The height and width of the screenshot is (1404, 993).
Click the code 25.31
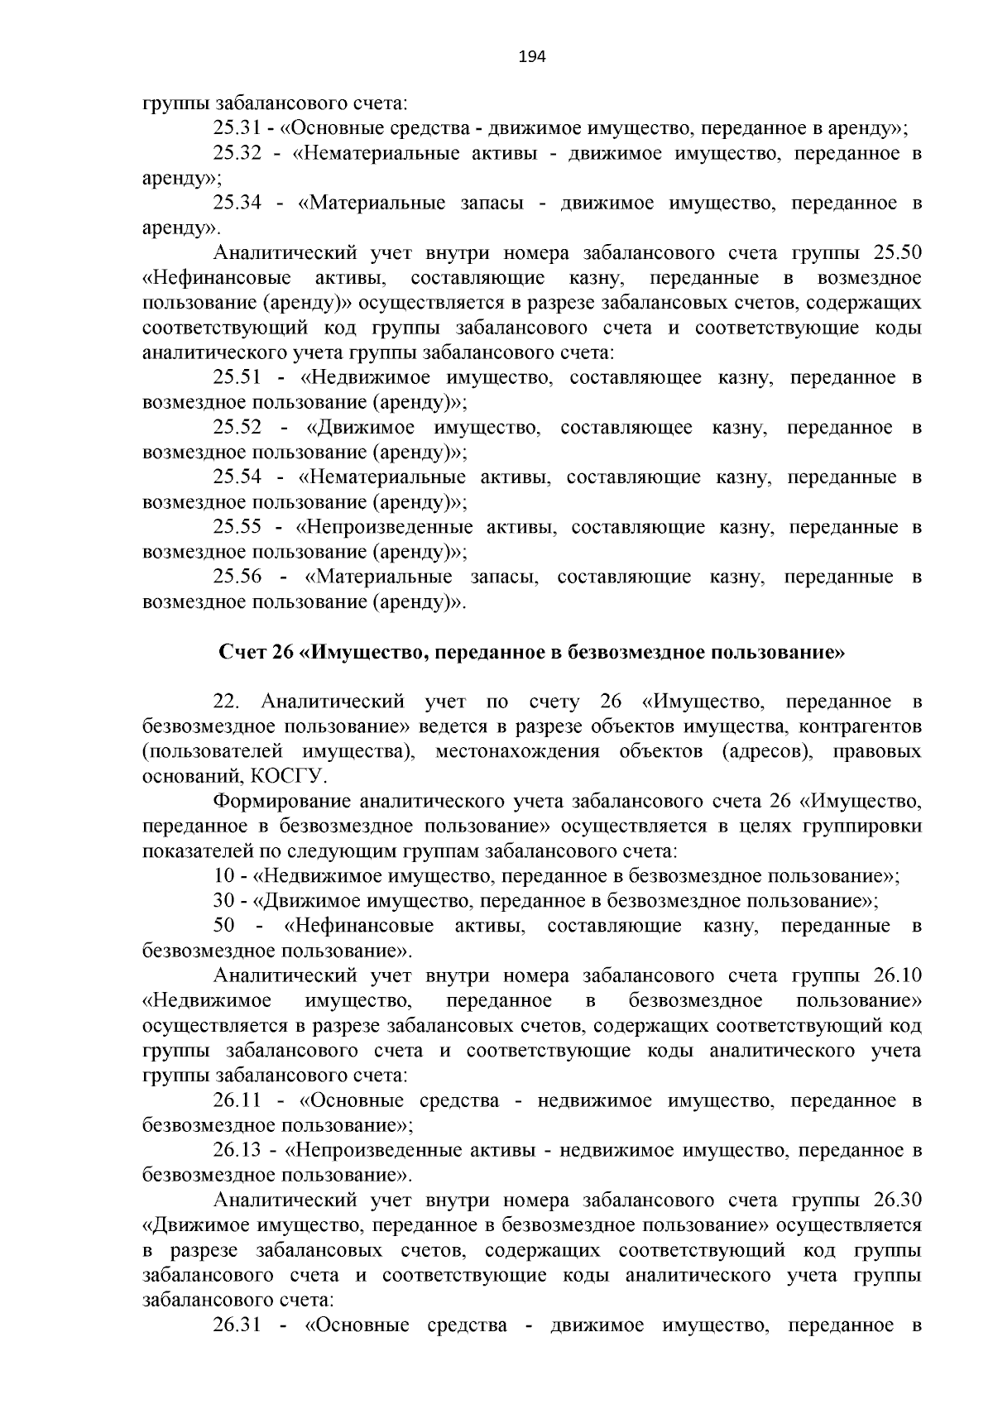[x=237, y=129]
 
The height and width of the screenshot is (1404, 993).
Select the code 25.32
[x=237, y=154]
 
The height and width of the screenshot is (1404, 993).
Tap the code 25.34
[x=237, y=204]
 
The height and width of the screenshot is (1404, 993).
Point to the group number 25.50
[x=897, y=253]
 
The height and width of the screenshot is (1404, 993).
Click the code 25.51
[x=237, y=378]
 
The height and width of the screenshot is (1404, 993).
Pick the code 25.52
[x=237, y=428]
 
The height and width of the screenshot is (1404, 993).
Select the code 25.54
[x=237, y=477]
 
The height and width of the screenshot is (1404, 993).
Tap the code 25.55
[x=237, y=527]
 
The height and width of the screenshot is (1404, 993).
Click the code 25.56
[x=237, y=577]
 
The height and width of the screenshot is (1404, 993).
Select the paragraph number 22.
[x=226, y=702]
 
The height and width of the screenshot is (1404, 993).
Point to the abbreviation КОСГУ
[x=296, y=777]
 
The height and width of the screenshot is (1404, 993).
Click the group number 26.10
[x=897, y=976]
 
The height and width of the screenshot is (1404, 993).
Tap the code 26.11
[x=237, y=1100]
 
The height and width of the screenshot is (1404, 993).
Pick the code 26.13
[x=237, y=1150]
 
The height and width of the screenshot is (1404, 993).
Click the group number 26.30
[x=897, y=1200]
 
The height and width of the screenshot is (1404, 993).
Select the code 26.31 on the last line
[x=237, y=1325]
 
